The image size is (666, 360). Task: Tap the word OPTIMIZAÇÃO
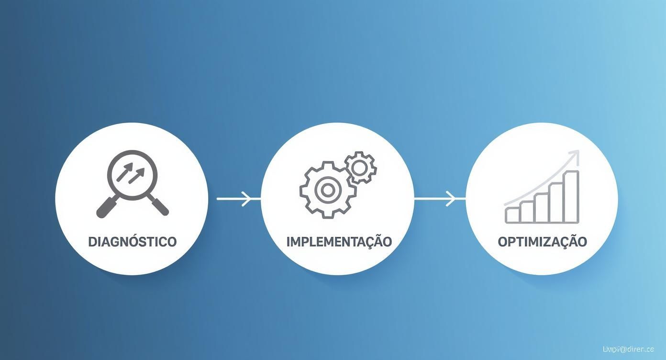click(x=542, y=242)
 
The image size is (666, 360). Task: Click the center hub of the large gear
click(x=327, y=190)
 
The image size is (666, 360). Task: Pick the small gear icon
click(x=361, y=167)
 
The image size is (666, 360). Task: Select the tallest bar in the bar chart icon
click(x=571, y=197)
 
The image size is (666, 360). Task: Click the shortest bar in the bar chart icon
click(x=512, y=215)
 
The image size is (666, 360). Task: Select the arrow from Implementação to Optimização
click(x=439, y=198)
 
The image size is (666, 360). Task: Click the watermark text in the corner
click(x=628, y=349)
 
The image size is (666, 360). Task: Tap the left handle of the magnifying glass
click(x=106, y=207)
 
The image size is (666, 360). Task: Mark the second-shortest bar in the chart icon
click(x=527, y=212)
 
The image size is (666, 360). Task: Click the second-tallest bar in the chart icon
click(x=556, y=202)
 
